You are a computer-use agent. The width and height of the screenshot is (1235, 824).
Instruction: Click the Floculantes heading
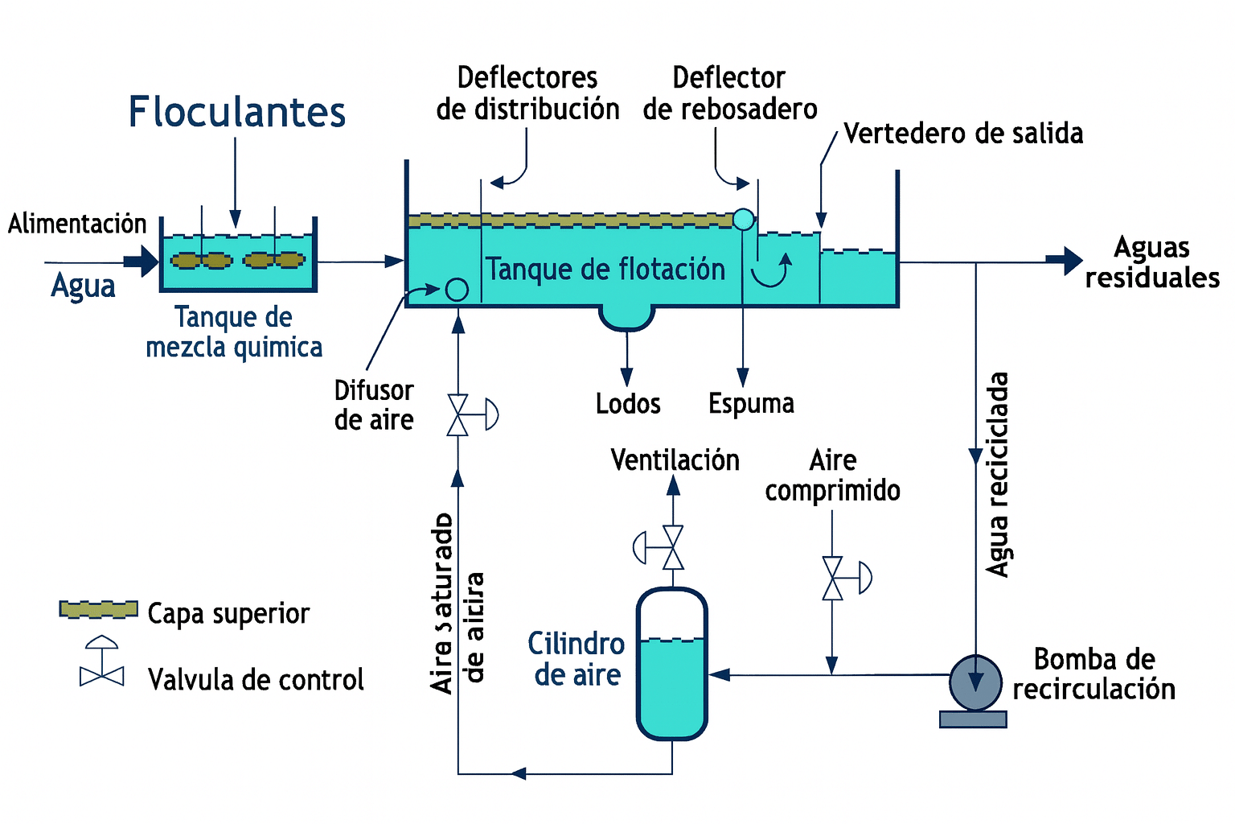(x=237, y=112)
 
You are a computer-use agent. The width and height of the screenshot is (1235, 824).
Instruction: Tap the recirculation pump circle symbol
(x=975, y=681)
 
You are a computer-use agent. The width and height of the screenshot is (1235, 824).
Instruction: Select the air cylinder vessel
(x=672, y=664)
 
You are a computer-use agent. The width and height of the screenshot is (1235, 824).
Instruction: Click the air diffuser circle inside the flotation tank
(x=457, y=289)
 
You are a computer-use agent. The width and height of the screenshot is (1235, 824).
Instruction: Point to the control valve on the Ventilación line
(x=672, y=548)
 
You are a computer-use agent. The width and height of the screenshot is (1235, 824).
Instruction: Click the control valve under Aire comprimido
(x=833, y=578)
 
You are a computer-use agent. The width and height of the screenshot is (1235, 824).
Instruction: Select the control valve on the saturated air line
(x=458, y=415)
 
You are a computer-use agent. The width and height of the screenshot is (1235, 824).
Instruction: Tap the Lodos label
(x=628, y=403)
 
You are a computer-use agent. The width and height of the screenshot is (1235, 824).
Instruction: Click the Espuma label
(x=751, y=403)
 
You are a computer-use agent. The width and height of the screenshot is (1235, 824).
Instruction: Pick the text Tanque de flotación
(x=605, y=270)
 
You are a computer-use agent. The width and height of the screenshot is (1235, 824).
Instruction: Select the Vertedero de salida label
(x=962, y=134)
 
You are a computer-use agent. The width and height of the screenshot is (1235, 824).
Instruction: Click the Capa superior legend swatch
(x=99, y=610)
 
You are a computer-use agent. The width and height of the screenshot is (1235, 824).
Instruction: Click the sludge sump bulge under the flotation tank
(x=626, y=317)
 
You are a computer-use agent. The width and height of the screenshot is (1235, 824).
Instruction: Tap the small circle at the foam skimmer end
(x=744, y=219)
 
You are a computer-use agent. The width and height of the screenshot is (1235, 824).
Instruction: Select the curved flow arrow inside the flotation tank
(x=772, y=272)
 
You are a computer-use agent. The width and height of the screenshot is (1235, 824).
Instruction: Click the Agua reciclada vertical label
(x=998, y=475)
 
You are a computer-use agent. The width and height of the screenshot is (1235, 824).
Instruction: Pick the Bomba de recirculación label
(x=1093, y=674)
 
